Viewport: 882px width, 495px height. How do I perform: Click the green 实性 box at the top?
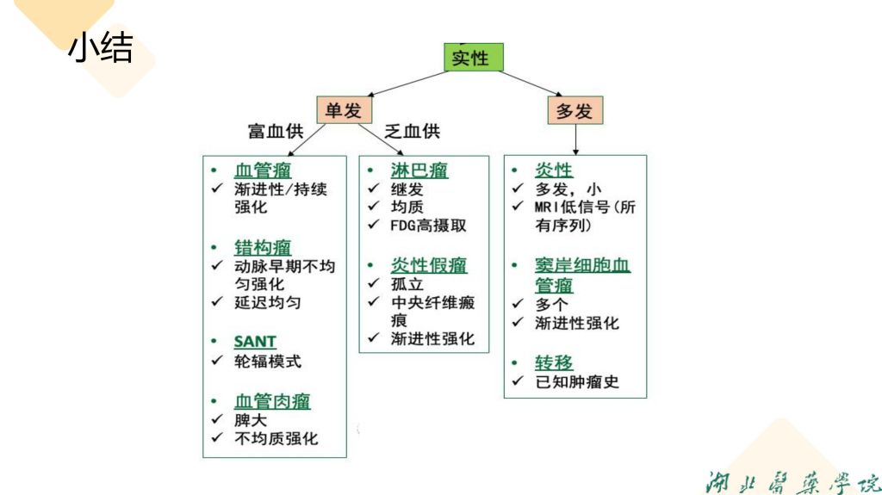click(473, 58)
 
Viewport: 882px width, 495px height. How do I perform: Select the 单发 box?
click(345, 109)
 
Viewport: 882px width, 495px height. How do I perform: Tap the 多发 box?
click(575, 111)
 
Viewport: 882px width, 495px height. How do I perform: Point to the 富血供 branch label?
click(276, 132)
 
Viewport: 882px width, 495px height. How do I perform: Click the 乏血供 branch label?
click(413, 132)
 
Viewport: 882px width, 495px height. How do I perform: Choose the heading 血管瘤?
click(263, 170)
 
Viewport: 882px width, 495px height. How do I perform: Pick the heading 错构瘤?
click(263, 248)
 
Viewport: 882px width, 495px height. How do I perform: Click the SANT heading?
click(255, 342)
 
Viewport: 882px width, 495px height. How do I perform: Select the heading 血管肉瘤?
click(272, 401)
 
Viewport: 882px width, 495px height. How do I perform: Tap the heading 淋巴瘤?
click(419, 170)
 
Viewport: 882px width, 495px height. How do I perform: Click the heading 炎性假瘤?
click(429, 265)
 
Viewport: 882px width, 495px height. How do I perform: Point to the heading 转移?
click(554, 362)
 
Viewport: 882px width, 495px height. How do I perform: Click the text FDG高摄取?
click(429, 226)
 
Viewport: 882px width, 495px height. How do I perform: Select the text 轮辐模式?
click(268, 362)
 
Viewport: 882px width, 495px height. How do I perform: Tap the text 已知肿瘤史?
click(577, 382)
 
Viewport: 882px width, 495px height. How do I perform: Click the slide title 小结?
click(100, 47)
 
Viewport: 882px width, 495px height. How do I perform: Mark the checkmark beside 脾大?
click(217, 420)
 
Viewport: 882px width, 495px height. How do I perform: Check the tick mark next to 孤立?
click(374, 284)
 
